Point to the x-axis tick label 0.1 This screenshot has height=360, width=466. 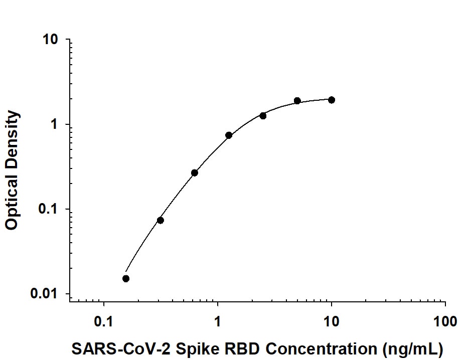pos(103,321)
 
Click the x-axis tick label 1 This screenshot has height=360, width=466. pos(218,321)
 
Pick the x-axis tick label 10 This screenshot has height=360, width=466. pos(331,321)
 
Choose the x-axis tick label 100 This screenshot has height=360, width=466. pos(445,321)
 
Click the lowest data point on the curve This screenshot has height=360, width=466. pos(126,279)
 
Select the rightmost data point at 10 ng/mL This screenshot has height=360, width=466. pos(332,100)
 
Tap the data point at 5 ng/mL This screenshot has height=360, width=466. pos(297,101)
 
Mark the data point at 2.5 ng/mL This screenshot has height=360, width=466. pos(263,116)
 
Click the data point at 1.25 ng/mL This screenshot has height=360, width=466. pos(229,135)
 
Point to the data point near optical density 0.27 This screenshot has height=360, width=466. pos(195,173)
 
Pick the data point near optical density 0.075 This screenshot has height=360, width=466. pos(161,220)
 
